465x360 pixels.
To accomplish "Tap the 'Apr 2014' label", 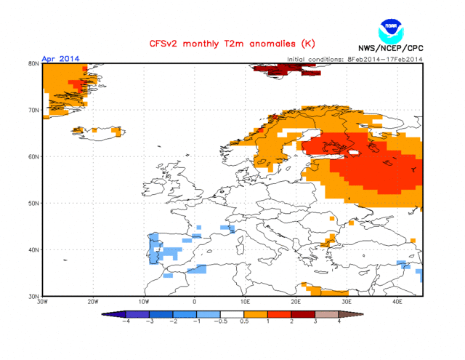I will click(60, 59).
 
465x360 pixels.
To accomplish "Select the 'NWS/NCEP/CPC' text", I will click(390, 49).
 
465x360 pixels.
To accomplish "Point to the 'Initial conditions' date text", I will click(355, 59).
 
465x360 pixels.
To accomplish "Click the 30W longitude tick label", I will click(42, 301).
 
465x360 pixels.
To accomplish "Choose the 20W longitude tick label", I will click(93, 301).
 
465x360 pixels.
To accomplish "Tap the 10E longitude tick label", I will click(245, 301).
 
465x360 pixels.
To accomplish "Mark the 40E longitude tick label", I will click(397, 301).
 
